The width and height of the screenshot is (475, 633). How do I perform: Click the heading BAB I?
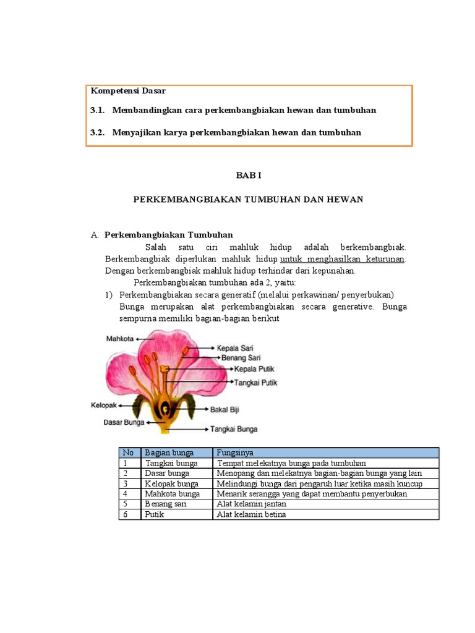click(x=249, y=176)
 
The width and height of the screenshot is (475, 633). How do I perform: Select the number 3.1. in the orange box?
click(x=98, y=110)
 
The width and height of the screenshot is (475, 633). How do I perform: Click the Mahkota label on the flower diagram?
click(x=120, y=339)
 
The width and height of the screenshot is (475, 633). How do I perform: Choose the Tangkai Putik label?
click(x=255, y=383)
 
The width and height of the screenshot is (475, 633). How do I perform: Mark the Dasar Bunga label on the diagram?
click(x=124, y=423)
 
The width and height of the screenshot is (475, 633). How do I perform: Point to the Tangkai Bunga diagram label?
click(x=234, y=428)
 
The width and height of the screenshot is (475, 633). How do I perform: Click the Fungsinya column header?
click(x=234, y=452)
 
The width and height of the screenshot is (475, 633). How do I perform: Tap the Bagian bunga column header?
click(x=169, y=452)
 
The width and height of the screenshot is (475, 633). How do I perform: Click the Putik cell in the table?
click(x=155, y=514)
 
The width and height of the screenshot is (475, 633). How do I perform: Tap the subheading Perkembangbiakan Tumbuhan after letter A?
click(x=168, y=235)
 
